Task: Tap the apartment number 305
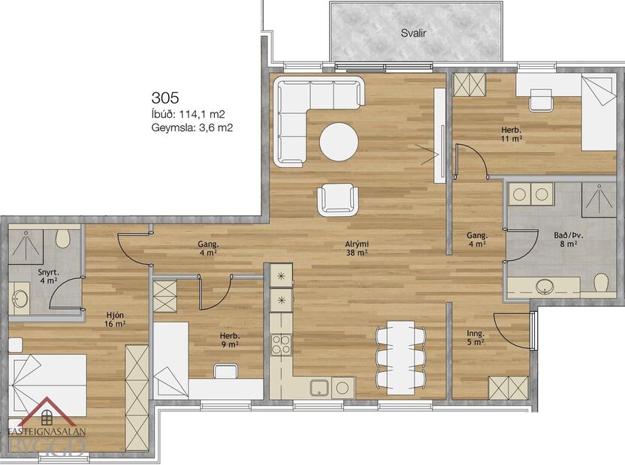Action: tap(165, 97)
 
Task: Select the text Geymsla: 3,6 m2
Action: tap(192, 128)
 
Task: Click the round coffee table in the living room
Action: tap(339, 141)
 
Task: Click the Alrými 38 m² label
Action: tap(357, 248)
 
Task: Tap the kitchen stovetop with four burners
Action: tap(280, 345)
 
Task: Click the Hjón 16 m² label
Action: tap(114, 320)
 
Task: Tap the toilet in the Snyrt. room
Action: tap(64, 240)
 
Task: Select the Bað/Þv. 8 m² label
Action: tap(565, 239)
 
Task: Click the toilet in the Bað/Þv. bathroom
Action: tap(600, 283)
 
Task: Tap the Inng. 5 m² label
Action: tap(474, 337)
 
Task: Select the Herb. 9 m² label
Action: tap(230, 340)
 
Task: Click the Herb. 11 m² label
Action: tap(512, 134)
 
